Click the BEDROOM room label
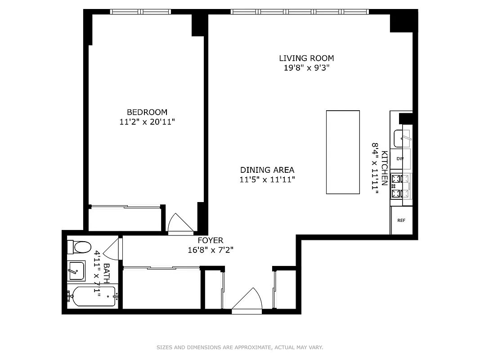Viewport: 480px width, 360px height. pos(147,112)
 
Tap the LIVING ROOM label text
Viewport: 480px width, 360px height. pos(306,58)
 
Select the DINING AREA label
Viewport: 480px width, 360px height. pos(267,170)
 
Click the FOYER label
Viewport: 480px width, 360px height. pos(210,240)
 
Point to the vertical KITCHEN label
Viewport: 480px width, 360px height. pos(385,168)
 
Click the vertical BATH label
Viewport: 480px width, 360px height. pos(107,273)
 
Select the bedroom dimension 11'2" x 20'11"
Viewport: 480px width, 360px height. pos(147,122)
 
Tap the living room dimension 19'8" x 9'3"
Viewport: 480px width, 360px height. pos(306,68)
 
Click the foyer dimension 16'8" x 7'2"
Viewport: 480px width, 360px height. pos(210,250)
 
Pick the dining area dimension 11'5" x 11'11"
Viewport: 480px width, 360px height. pos(267,180)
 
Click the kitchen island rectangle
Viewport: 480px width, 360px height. pos(343,152)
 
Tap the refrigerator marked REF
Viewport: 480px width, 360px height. pos(401,220)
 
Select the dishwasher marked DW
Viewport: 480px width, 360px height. pos(400,159)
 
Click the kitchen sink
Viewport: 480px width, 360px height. pos(402,138)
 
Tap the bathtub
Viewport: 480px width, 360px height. pos(92,297)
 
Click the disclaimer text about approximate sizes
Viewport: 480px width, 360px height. pos(240,347)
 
